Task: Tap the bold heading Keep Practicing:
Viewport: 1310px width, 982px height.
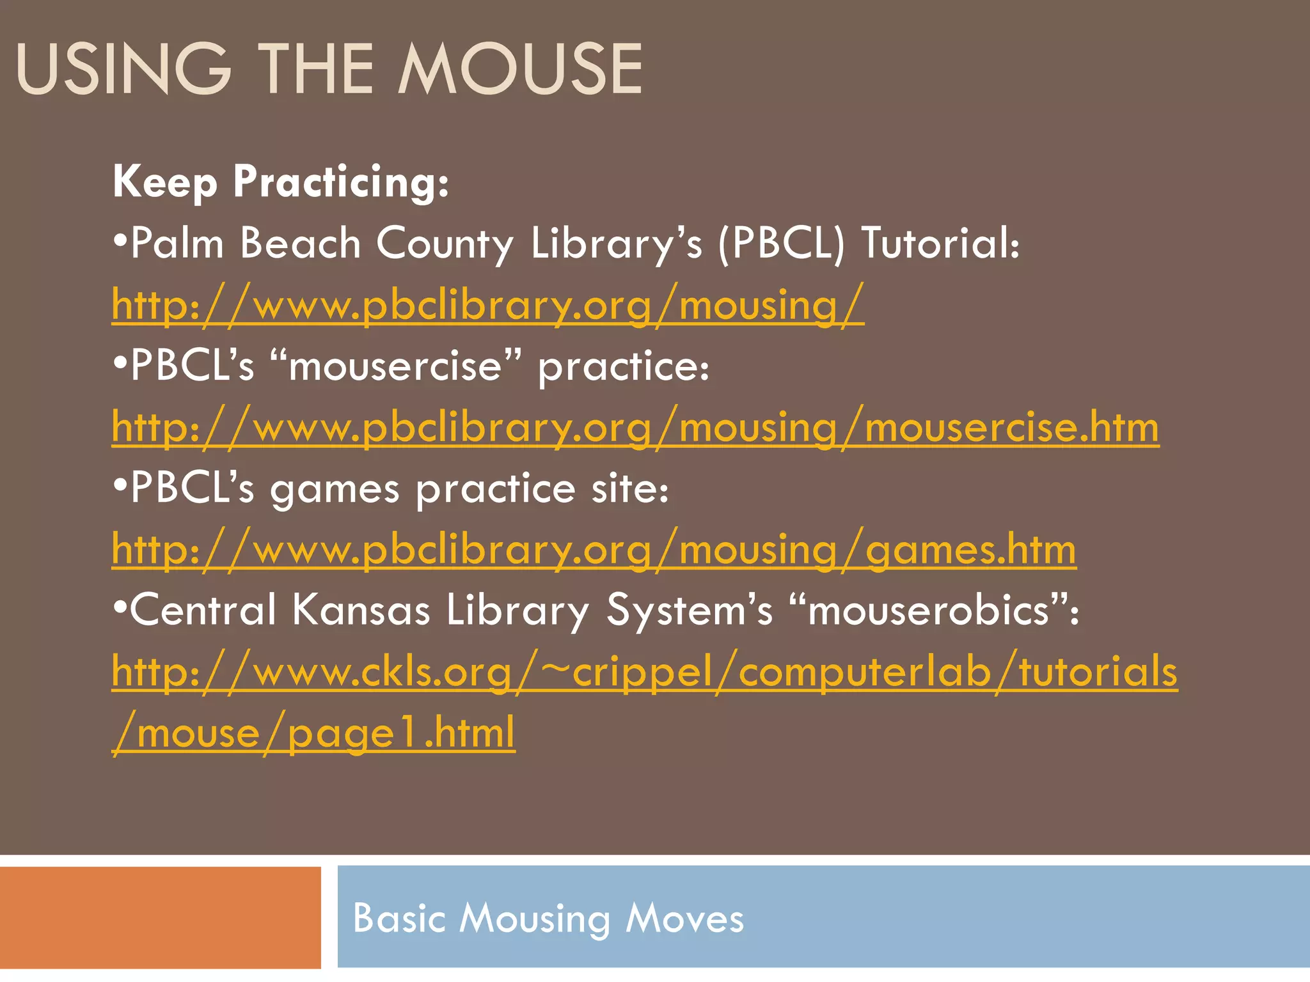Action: [281, 182]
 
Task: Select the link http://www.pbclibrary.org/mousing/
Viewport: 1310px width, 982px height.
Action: [487, 305]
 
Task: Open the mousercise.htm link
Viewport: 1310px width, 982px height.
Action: [635, 427]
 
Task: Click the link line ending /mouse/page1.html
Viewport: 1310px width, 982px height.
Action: [313, 733]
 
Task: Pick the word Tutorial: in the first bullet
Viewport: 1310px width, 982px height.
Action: [940, 244]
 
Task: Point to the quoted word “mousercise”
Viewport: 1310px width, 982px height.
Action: [395, 366]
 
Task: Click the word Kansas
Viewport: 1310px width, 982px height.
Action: [361, 610]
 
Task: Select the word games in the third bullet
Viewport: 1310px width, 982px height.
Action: [335, 490]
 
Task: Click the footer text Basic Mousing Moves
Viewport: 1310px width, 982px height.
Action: [548, 919]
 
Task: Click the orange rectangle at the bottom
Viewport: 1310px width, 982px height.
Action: [160, 917]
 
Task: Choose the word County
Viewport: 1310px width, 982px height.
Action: [445, 244]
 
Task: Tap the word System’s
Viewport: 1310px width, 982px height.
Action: [689, 610]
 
